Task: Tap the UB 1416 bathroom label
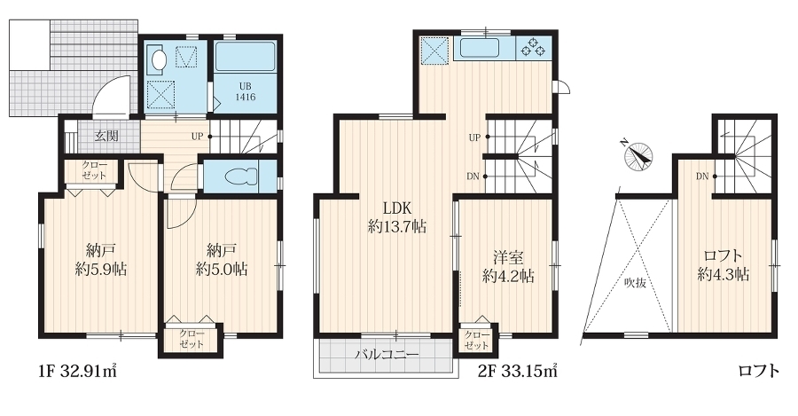click(246, 91)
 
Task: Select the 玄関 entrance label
click(107, 136)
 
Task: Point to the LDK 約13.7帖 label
click(397, 217)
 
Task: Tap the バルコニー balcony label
click(387, 355)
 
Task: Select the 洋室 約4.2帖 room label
click(508, 267)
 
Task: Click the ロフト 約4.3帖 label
click(724, 265)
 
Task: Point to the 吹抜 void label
click(635, 283)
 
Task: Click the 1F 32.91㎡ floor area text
click(78, 371)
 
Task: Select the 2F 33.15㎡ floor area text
click(518, 371)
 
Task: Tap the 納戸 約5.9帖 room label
click(101, 260)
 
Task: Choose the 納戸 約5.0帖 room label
click(222, 260)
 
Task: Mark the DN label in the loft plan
click(702, 177)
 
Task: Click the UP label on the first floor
click(198, 137)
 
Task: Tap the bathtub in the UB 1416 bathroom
click(245, 57)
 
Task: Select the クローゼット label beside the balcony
click(477, 341)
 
